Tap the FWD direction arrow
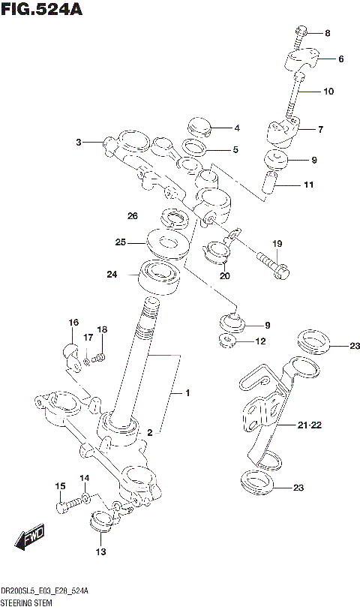point(31,537)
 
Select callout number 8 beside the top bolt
point(327,33)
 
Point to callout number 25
point(120,242)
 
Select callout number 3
point(78,141)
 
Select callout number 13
point(100,552)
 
